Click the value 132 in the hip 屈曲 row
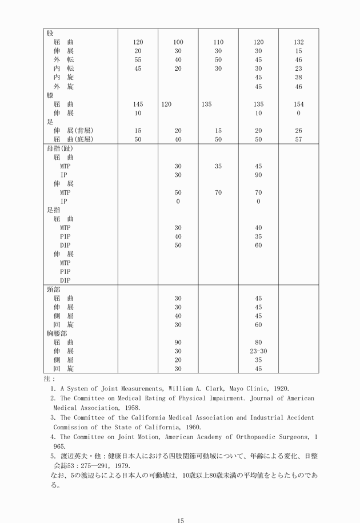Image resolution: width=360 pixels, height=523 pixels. point(298,42)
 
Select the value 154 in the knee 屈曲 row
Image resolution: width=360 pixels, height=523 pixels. point(298,104)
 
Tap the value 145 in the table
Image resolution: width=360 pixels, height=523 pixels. point(138,104)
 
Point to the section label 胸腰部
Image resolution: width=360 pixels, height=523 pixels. point(57,333)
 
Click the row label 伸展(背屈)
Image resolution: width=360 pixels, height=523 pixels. point(73,131)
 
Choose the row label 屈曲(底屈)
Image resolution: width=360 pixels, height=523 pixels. point(73,139)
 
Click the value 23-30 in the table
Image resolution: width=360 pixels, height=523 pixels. point(258,351)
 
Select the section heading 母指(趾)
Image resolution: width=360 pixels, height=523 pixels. point(60,148)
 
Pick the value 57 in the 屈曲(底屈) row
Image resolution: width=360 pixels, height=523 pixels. point(298,139)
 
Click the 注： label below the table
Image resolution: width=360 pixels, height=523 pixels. point(50,379)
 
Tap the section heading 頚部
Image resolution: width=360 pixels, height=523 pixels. point(53,289)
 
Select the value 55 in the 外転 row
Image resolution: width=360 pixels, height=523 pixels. point(138,59)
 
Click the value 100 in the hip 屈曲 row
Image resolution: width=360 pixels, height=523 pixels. point(178,42)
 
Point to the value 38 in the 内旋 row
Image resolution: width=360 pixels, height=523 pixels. point(298,77)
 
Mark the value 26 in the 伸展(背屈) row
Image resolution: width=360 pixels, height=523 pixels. point(298,131)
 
